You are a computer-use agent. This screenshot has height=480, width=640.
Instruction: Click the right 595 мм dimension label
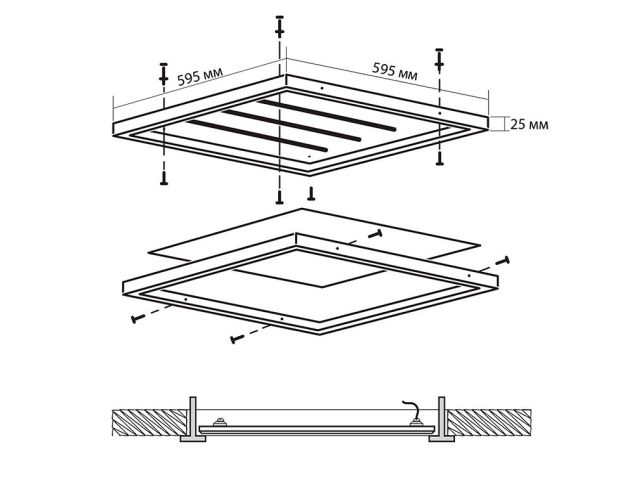coord(395,70)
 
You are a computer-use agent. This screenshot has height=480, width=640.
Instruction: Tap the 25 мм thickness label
coord(529,125)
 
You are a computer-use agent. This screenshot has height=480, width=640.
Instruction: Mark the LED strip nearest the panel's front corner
coord(246,140)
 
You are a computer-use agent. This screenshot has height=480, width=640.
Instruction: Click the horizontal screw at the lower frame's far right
coord(502,260)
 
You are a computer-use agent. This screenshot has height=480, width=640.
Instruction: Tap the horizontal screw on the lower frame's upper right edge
coord(375,234)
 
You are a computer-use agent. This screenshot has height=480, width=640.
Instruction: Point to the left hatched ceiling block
coord(145,421)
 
